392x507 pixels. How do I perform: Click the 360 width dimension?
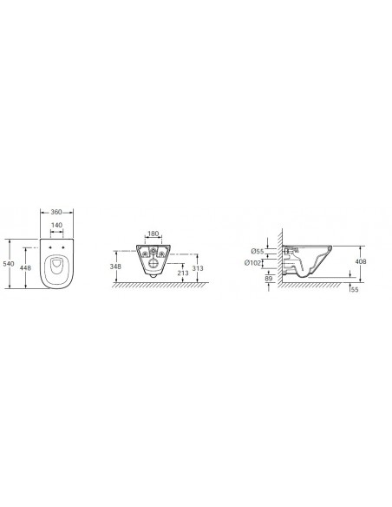pos(56,212)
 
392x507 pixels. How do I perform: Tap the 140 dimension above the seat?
pos(57,225)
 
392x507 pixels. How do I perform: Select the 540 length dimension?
pos(9,264)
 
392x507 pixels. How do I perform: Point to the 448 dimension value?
pos(25,267)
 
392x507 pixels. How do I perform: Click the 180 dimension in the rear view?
pos(153,234)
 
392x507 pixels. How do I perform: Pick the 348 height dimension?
pos(115,267)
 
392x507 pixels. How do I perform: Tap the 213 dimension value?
pos(183,273)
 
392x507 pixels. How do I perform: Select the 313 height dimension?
pos(198,268)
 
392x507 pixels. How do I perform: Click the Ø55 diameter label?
pos(258,251)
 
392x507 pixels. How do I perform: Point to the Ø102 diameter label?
pos(252,263)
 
